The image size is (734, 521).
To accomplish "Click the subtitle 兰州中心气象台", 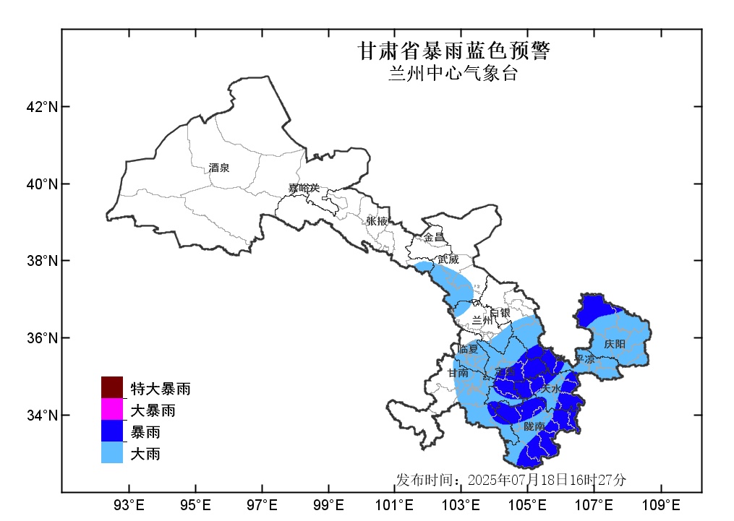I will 453,74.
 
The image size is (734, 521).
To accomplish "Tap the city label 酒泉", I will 219,168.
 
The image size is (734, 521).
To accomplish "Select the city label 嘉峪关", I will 304,189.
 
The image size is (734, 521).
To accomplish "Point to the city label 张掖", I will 377,220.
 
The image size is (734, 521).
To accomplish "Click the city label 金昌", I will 434,237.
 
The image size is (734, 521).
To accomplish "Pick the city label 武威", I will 448,259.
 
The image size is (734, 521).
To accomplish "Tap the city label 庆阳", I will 615,344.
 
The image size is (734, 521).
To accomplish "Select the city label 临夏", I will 468,350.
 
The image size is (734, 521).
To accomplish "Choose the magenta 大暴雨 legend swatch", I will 112,410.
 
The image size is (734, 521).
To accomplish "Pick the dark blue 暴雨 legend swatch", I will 112,432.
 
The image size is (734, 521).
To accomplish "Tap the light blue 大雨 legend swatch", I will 112,453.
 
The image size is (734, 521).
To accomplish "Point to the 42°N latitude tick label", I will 42,107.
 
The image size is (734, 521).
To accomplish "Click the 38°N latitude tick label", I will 42,261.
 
